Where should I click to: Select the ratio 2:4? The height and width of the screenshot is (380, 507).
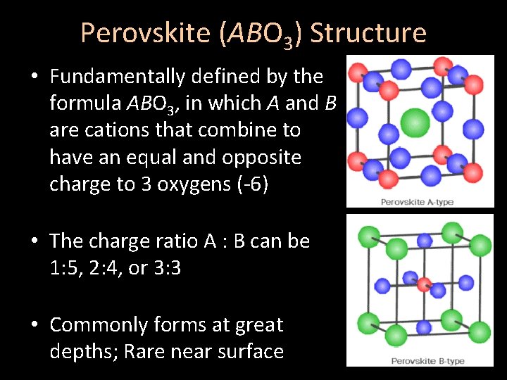click(x=120, y=268)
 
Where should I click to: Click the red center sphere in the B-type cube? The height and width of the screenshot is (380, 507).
click(x=423, y=284)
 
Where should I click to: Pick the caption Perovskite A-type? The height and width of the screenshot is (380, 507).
click(x=417, y=203)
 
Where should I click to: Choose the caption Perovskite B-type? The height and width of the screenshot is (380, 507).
click(x=417, y=361)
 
